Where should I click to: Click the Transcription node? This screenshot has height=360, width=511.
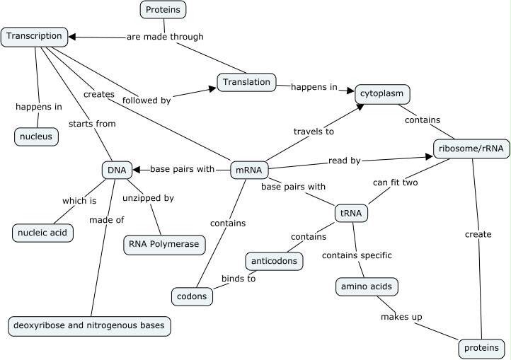[35, 37]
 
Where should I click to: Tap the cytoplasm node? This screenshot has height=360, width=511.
[383, 94]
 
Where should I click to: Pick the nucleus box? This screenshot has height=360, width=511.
[36, 137]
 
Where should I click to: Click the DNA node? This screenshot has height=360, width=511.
[116, 170]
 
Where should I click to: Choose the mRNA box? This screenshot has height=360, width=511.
[247, 170]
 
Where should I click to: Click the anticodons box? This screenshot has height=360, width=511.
[275, 261]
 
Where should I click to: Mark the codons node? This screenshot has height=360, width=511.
[193, 296]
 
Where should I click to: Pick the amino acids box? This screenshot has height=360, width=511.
[366, 286]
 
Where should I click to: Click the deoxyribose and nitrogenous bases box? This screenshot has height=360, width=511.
[90, 325]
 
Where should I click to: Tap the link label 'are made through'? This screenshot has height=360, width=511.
[165, 37]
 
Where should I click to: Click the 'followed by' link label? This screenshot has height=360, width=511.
[147, 100]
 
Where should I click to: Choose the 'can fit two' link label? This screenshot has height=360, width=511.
[396, 182]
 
